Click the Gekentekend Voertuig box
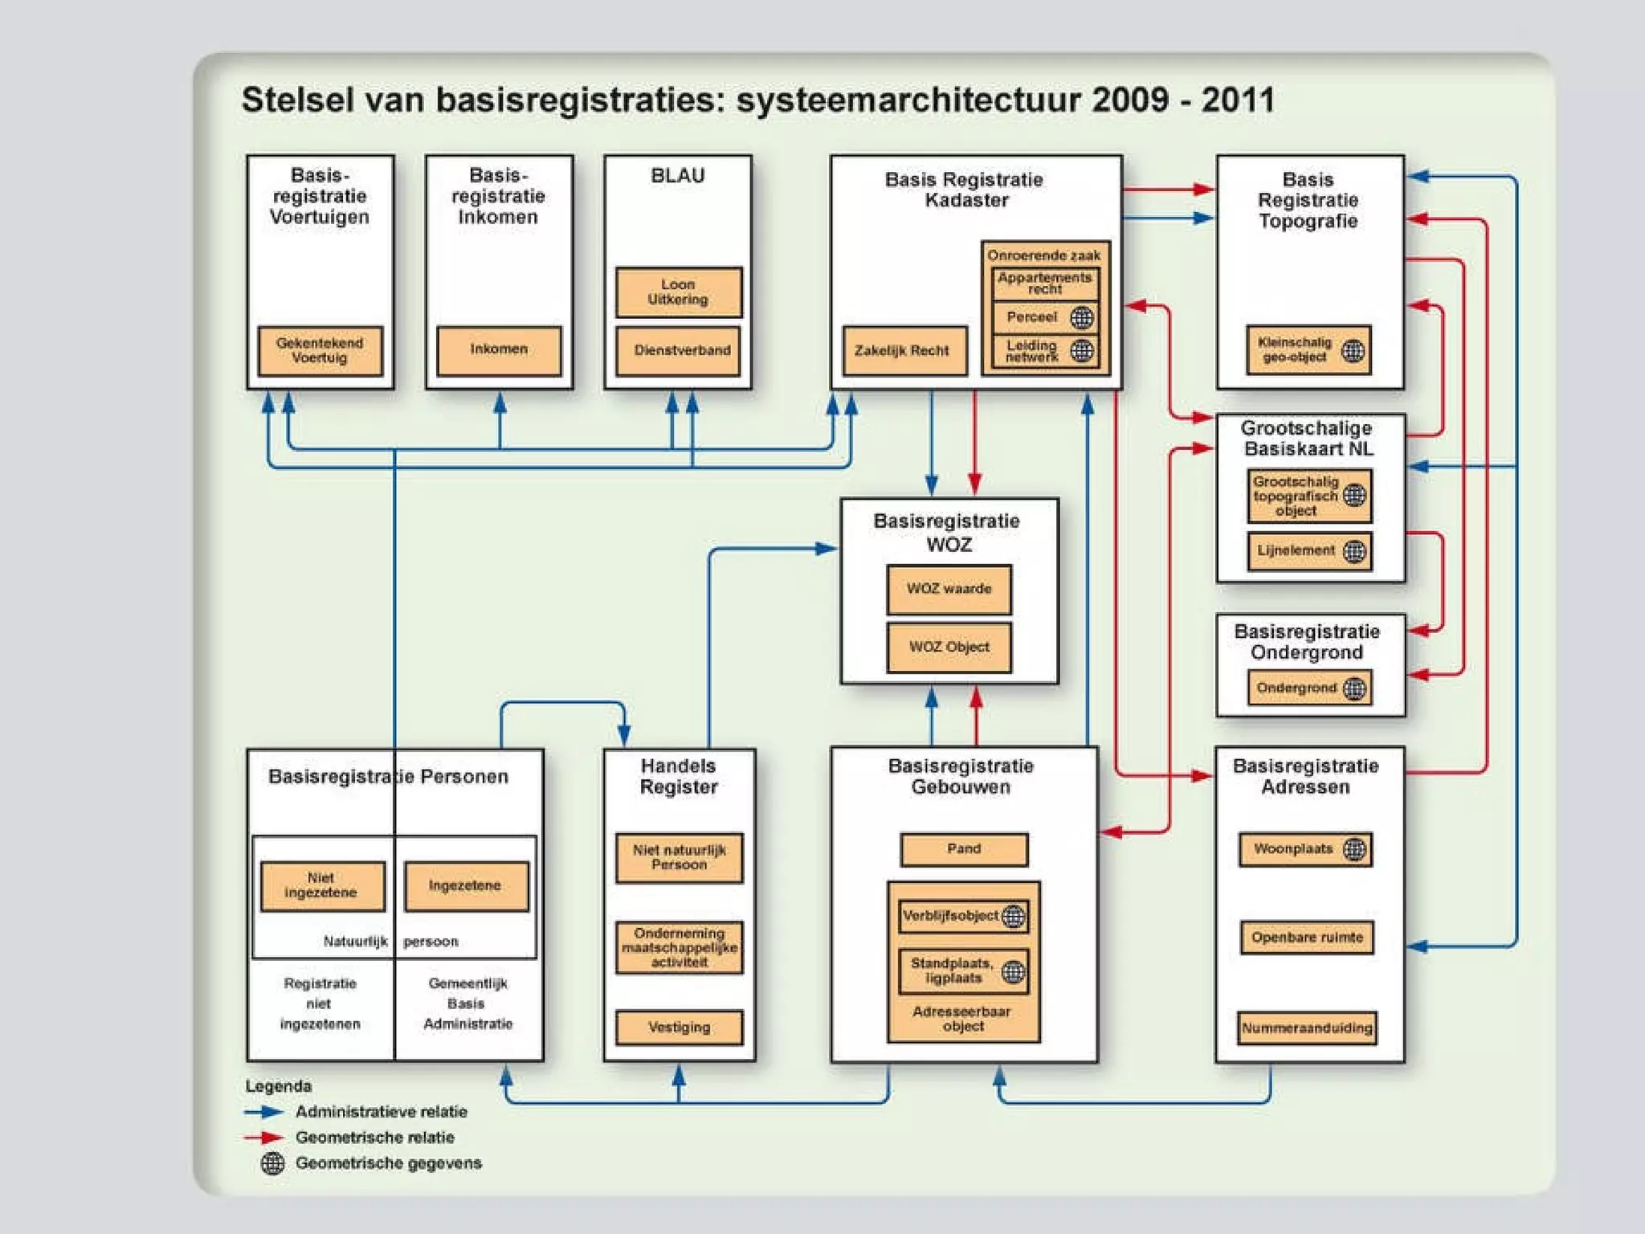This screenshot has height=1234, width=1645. pyautogui.click(x=320, y=350)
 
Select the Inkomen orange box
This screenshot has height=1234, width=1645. pyautogui.click(x=499, y=350)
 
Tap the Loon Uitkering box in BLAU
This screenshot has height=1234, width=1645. pyautogui.click(x=679, y=292)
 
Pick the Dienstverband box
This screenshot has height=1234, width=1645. pyautogui.click(x=679, y=350)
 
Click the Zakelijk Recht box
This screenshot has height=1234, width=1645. pyautogui.click(x=904, y=350)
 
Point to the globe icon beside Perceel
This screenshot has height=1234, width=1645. pyautogui.click(x=1082, y=317)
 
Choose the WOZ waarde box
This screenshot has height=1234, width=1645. pyautogui.click(x=949, y=589)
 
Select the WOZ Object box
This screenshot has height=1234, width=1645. pyautogui.click(x=949, y=647)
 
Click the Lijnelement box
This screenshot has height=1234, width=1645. pyautogui.click(x=1309, y=551)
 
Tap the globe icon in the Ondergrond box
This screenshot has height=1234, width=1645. pyautogui.click(x=1354, y=689)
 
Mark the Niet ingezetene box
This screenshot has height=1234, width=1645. pyautogui.click(x=322, y=885)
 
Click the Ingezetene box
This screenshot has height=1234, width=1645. pyautogui.click(x=466, y=885)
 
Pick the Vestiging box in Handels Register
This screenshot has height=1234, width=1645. pyautogui.click(x=679, y=1027)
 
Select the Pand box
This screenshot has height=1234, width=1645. pyautogui.click(x=964, y=849)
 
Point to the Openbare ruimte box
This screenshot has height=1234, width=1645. pyautogui.click(x=1307, y=938)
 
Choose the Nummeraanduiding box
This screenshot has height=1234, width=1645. pyautogui.click(x=1307, y=1028)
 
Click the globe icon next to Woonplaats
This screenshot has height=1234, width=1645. pyautogui.click(x=1354, y=849)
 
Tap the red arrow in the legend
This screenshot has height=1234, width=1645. pyautogui.click(x=264, y=1138)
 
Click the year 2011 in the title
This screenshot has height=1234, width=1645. pyautogui.click(x=1238, y=100)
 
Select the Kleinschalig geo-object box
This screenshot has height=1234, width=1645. pyautogui.click(x=1308, y=350)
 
